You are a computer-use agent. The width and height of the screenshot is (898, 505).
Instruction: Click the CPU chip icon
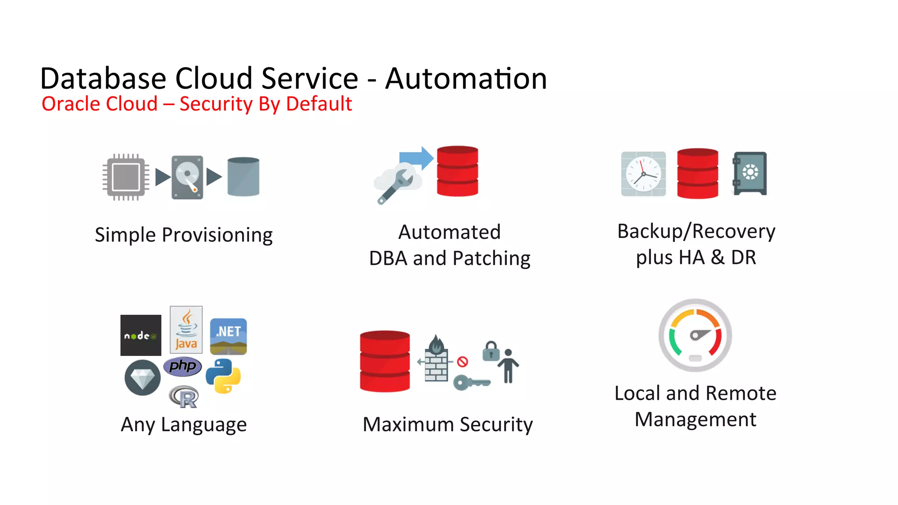(x=126, y=177)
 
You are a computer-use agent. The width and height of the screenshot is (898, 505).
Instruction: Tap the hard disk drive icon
(x=188, y=177)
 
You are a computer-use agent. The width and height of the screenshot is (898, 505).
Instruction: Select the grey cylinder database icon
(x=243, y=177)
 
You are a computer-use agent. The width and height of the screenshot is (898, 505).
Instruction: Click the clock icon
(x=643, y=174)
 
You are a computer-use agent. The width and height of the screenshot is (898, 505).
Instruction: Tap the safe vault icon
(x=749, y=173)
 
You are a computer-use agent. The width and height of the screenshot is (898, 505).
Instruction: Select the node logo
(x=141, y=335)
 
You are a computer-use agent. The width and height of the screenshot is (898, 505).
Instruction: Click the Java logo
(x=186, y=330)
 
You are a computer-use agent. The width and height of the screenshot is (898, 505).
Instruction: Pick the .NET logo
(x=228, y=336)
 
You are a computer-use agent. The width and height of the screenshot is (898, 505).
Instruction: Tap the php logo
(x=182, y=366)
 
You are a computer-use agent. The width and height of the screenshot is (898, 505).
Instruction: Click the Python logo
(x=223, y=376)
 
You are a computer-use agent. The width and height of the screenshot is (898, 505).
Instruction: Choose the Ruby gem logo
(x=143, y=377)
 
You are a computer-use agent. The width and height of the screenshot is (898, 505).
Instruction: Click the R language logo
(x=184, y=397)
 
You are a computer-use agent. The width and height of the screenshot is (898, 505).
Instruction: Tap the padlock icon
(x=491, y=351)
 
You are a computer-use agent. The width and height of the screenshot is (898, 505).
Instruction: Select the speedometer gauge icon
(x=695, y=335)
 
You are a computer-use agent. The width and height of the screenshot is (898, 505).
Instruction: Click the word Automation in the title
(x=466, y=79)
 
